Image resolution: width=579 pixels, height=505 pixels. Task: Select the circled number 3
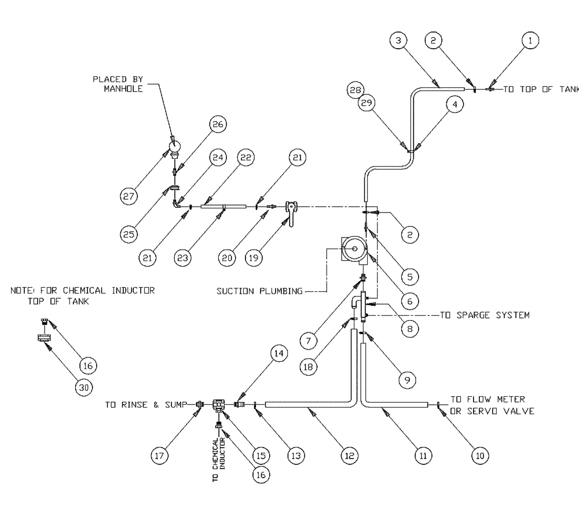click(399, 41)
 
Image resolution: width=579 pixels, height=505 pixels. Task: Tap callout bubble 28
click(356, 90)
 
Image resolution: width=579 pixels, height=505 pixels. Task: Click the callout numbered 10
click(479, 456)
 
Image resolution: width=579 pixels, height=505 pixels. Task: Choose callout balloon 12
click(349, 456)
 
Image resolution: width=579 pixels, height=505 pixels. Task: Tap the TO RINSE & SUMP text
click(146, 405)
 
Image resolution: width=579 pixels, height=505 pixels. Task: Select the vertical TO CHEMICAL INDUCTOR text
click(218, 458)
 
